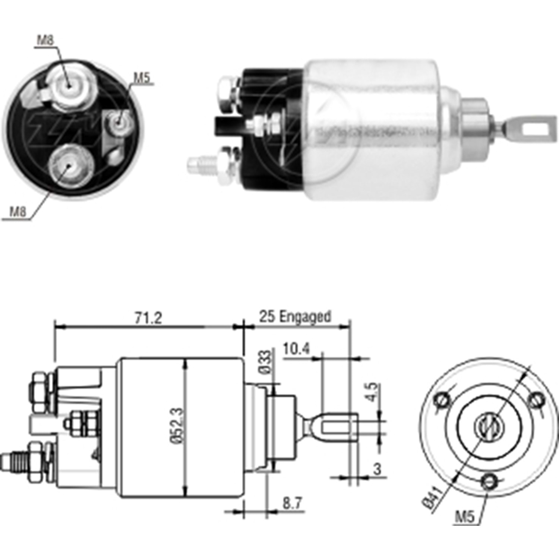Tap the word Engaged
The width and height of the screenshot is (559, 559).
(x=305, y=316)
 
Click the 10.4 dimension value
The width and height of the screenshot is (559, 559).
(x=296, y=349)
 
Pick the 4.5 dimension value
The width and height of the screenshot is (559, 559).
(x=372, y=392)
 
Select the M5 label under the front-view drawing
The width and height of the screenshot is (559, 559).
(x=464, y=517)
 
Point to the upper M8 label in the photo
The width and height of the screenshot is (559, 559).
(x=45, y=40)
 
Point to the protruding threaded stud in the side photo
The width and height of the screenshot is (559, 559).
(x=198, y=165)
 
